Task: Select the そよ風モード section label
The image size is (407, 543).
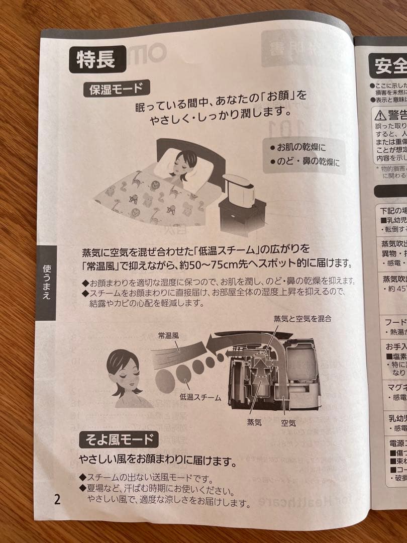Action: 119,440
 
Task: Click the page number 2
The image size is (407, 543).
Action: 57,499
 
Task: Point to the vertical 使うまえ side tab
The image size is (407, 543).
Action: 46,282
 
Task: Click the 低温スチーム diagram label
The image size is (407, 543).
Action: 200,398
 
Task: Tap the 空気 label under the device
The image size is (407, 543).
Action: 288,423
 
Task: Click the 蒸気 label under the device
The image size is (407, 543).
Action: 254,423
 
